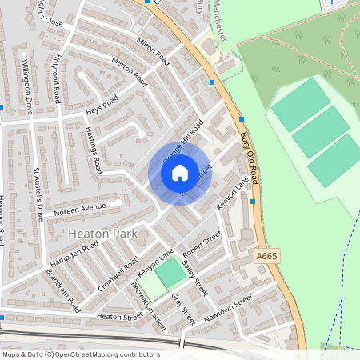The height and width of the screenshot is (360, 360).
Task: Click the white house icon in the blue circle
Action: point(180,172)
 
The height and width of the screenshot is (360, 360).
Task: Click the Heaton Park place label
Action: point(103,234)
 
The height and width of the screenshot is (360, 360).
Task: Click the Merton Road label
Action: point(130,72)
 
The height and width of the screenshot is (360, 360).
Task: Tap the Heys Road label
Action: point(102,104)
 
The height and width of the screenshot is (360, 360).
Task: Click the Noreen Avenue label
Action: point(80,210)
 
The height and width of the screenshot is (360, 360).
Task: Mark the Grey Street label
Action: point(183,308)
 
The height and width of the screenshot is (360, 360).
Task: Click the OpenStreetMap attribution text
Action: point(80,354)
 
